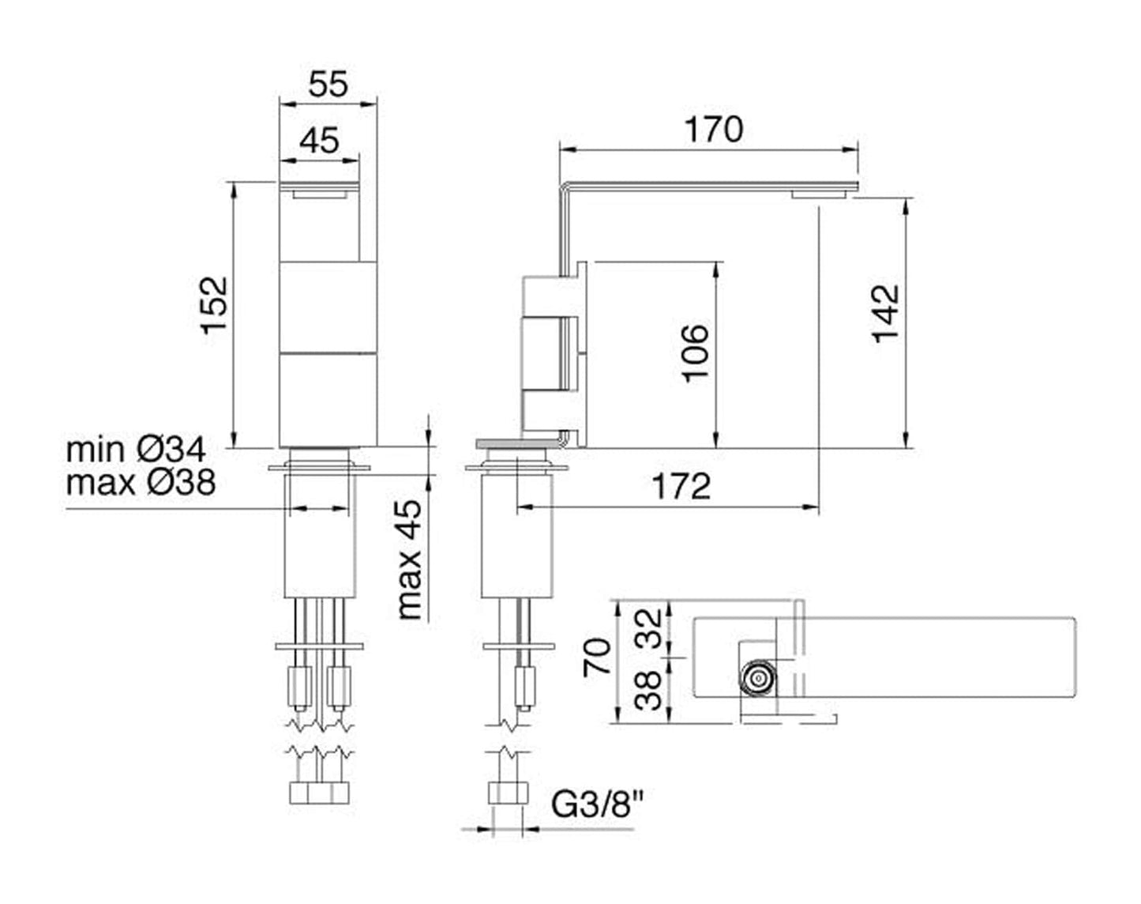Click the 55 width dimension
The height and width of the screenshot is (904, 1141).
(x=328, y=84)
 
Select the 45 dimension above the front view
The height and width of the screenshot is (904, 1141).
(x=319, y=141)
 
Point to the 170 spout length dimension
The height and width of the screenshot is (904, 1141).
(x=713, y=129)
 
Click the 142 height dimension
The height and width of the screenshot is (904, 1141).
(x=887, y=313)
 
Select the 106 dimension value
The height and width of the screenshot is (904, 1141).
(x=695, y=352)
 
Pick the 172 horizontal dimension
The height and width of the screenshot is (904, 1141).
(x=681, y=487)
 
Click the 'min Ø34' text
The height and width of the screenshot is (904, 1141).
(x=136, y=450)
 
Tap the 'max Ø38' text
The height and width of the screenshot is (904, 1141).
(x=141, y=482)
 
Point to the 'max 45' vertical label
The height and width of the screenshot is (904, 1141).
(x=410, y=559)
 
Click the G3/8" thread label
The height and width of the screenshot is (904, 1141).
(x=598, y=806)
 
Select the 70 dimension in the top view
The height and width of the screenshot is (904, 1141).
(x=598, y=657)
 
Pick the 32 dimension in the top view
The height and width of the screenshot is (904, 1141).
(x=649, y=629)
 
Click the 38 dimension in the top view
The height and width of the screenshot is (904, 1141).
(x=649, y=690)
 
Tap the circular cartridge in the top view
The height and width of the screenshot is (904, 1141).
(x=759, y=679)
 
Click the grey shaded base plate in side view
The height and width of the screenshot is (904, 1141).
(x=516, y=443)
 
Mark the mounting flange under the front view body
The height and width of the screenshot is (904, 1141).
(x=319, y=469)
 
